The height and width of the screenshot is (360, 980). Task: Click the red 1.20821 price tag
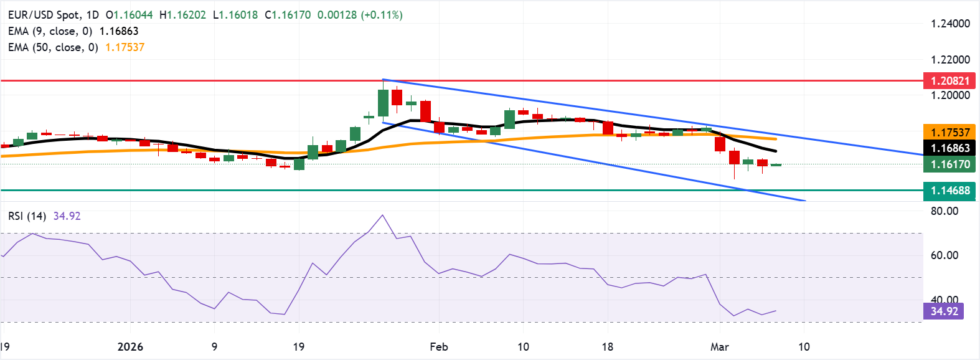coord(949,80)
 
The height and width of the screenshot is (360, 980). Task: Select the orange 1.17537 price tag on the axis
coord(949,132)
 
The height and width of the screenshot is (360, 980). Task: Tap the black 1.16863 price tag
coord(949,148)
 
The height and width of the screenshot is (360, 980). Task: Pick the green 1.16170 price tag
coord(949,164)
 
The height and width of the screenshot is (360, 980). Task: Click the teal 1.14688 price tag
coord(949,191)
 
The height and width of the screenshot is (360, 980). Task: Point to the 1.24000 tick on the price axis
coord(950,24)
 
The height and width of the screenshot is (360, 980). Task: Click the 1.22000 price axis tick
coord(950,60)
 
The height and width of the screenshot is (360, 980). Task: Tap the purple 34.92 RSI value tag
coord(944,311)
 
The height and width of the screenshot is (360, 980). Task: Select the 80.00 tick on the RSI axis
coord(944,211)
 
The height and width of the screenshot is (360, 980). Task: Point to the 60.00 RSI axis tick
coord(944,255)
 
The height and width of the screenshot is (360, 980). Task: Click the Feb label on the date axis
coord(439,347)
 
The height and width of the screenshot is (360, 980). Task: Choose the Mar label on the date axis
coord(720,347)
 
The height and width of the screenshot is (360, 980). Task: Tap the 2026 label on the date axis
coord(130,347)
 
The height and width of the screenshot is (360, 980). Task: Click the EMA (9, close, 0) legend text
coord(50,31)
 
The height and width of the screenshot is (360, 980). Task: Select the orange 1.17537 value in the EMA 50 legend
coord(125,47)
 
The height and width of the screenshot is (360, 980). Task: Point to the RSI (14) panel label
coord(27,216)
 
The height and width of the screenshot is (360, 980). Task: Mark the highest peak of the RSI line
coord(382,216)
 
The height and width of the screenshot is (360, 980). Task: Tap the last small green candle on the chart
coord(776,164)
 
